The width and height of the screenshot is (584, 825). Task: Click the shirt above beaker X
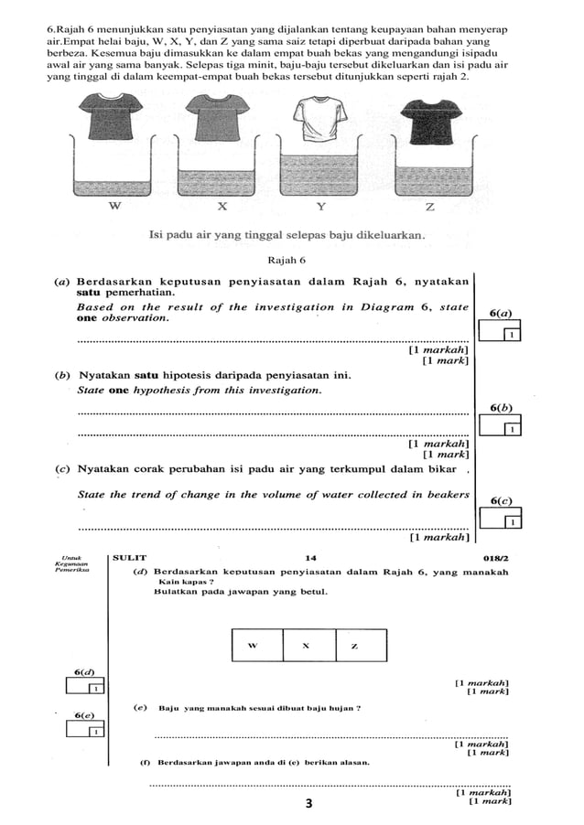pos(218,115)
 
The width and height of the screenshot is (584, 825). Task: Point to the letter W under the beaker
pos(114,206)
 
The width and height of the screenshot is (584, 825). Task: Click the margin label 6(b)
pos(502,407)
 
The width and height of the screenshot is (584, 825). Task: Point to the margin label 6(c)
pos(503,500)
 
